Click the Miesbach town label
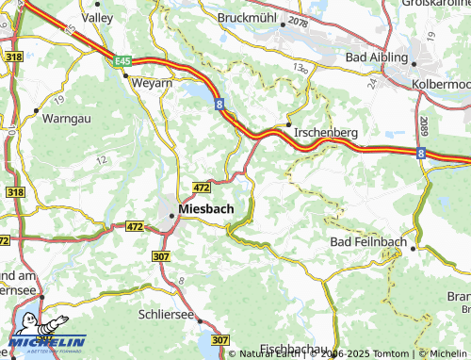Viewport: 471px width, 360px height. (x=205, y=208)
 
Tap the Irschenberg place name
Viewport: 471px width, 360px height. (x=325, y=134)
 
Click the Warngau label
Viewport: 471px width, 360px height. (x=68, y=119)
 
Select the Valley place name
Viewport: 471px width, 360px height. (x=98, y=17)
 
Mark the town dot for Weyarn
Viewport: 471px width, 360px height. (x=125, y=74)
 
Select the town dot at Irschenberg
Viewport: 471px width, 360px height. (x=287, y=123)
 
